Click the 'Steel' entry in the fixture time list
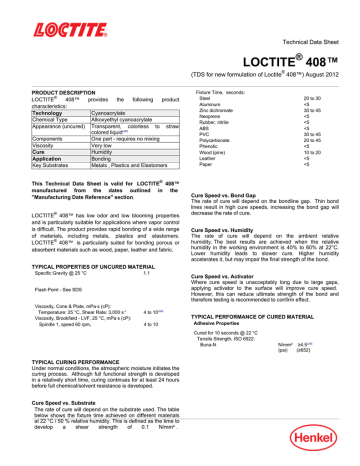tap(203, 98)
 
